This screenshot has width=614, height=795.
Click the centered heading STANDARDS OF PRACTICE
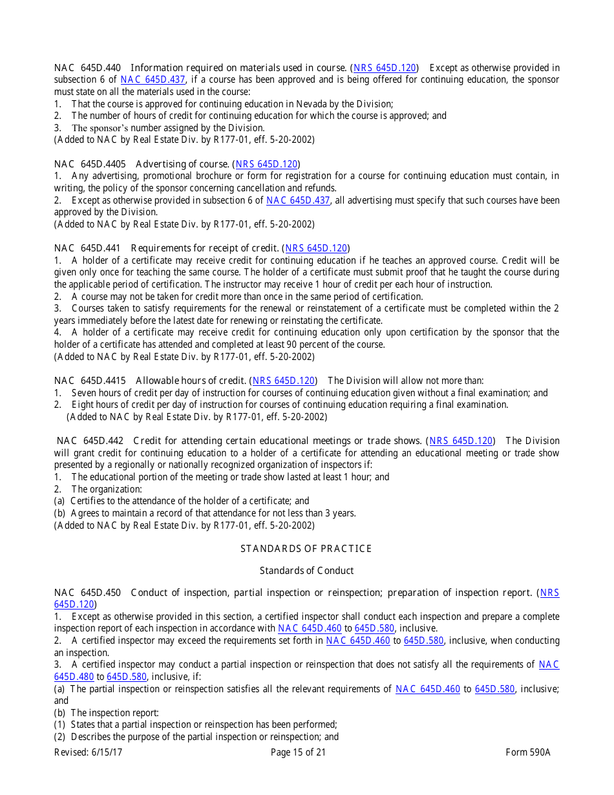point(306,549)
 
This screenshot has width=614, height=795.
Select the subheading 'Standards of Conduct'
point(306,571)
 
